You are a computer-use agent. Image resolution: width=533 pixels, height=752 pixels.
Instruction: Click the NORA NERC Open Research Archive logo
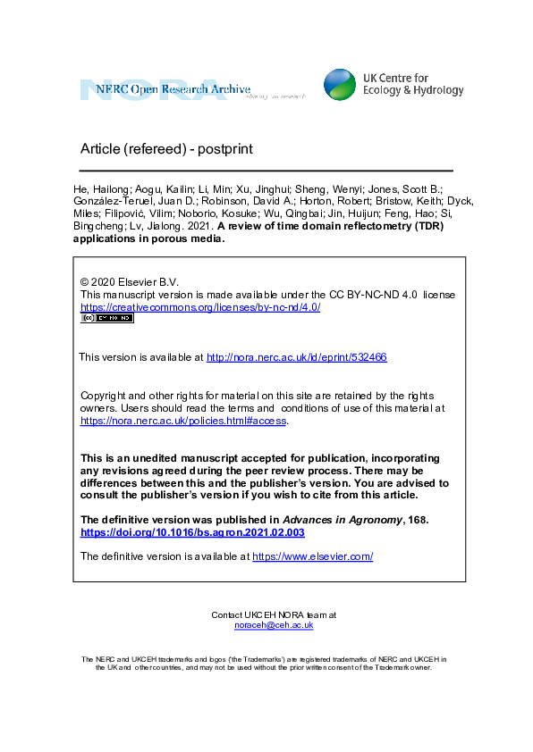[191, 89]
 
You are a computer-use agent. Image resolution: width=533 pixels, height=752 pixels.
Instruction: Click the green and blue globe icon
[339, 84]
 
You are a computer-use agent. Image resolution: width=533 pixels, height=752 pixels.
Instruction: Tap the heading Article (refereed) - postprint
[166, 148]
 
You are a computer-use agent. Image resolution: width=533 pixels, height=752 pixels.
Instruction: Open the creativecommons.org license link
[200, 307]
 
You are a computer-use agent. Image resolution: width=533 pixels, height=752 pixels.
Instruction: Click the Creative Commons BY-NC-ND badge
[106, 318]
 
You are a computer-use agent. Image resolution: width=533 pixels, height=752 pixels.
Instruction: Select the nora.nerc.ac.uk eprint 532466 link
[296, 357]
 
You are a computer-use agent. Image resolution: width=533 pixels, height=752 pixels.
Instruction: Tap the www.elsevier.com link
[312, 556]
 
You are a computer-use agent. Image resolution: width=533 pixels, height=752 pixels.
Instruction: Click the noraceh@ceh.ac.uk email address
[274, 625]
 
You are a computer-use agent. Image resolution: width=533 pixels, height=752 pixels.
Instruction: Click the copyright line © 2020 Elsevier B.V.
[130, 281]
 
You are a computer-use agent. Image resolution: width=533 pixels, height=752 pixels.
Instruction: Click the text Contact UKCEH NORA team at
[274, 614]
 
